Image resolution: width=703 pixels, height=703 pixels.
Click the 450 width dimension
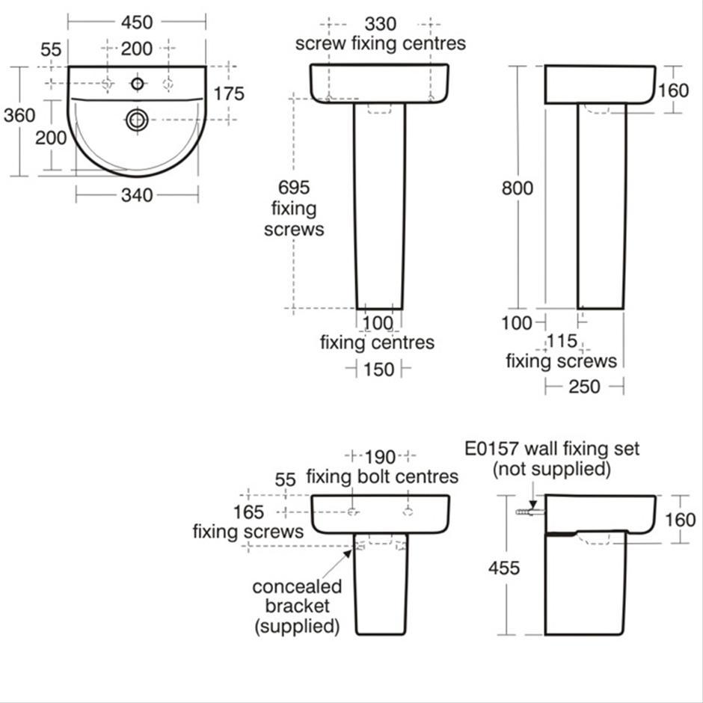(x=136, y=22)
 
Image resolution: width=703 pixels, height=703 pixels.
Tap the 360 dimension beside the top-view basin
(x=19, y=116)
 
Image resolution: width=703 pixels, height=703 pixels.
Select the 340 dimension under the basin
(x=136, y=195)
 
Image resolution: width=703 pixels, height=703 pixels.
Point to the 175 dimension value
(x=229, y=93)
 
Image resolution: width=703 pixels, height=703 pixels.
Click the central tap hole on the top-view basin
(x=137, y=83)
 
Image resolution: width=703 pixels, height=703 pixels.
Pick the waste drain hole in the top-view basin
(x=137, y=119)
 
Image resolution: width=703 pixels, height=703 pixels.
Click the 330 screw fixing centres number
(x=381, y=25)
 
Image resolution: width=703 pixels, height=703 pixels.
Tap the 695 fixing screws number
(x=293, y=188)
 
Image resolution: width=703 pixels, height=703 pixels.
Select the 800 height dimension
(x=518, y=188)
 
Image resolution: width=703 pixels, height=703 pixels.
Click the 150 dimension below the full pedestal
(x=378, y=369)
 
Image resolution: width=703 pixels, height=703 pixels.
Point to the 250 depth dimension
(x=584, y=387)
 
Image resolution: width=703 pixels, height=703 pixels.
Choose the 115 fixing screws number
(x=562, y=342)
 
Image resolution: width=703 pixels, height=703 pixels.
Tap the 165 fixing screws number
(x=248, y=512)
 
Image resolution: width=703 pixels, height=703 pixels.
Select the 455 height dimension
(x=503, y=568)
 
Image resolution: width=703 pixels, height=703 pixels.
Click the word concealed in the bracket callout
(x=297, y=586)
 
